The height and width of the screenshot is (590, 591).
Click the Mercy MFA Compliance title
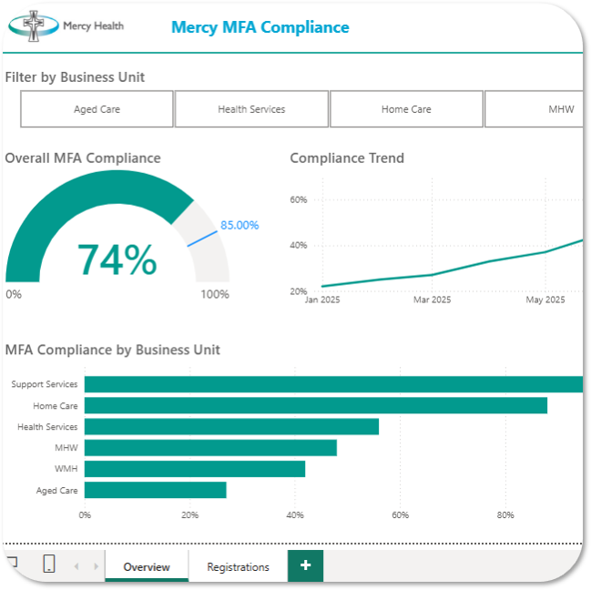pyautogui.click(x=260, y=27)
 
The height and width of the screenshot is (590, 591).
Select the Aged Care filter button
pyautogui.click(x=97, y=109)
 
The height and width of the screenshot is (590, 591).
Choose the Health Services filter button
pyautogui.click(x=251, y=109)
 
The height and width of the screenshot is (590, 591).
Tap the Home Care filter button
pyautogui.click(x=406, y=109)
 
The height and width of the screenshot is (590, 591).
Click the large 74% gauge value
pyautogui.click(x=117, y=259)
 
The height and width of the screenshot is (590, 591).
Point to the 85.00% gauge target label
pyautogui.click(x=239, y=225)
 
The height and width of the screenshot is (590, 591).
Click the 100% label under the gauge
pyautogui.click(x=215, y=294)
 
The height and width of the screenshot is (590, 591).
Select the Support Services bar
pyautogui.click(x=333, y=384)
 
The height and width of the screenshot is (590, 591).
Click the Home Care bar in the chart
pyautogui.click(x=315, y=405)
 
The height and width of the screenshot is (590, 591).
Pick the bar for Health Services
pyautogui.click(x=231, y=426)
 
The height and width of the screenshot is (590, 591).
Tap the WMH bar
pyautogui.click(x=195, y=469)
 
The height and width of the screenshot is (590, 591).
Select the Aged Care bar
pyautogui.click(x=155, y=490)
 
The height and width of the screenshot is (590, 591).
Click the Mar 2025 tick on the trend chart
pyautogui.click(x=432, y=300)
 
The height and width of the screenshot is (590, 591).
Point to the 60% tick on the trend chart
pyautogui.click(x=299, y=199)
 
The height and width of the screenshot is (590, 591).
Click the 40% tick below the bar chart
pyautogui.click(x=295, y=515)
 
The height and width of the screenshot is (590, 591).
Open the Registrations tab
pyautogui.click(x=238, y=566)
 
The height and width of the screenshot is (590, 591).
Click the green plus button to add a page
pyautogui.click(x=305, y=565)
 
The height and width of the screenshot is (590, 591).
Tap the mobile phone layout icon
pyautogui.click(x=49, y=565)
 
